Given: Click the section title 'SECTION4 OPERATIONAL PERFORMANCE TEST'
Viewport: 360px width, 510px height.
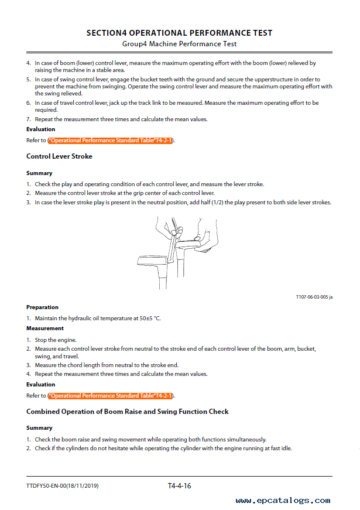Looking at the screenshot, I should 179,33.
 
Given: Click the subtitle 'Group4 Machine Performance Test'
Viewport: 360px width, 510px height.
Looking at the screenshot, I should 179,44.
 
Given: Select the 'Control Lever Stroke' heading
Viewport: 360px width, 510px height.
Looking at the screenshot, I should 59,156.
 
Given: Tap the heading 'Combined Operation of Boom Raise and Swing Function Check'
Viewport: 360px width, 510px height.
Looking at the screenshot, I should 127,412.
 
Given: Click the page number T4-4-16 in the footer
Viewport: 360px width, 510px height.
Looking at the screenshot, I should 179,485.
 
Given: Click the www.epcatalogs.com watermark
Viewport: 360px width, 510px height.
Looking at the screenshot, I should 282,501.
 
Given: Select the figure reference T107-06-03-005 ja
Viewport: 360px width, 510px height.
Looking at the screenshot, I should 314,297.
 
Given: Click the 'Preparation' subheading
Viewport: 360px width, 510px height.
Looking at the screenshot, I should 42,307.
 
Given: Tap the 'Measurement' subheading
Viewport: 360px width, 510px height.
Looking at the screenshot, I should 44,329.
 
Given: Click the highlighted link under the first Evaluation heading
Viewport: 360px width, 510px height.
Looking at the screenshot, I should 111,141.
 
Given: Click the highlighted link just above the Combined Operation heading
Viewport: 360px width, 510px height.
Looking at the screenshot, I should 111,396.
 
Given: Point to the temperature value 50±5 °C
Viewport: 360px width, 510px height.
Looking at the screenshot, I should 149,319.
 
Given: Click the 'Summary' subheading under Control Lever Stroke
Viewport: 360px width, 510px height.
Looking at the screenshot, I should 39,173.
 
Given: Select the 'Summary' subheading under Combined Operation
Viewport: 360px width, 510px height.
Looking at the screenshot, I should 39,428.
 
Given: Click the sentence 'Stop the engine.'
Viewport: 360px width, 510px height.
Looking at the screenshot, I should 56,340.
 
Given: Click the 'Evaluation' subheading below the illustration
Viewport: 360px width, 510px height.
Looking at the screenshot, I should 41,385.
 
